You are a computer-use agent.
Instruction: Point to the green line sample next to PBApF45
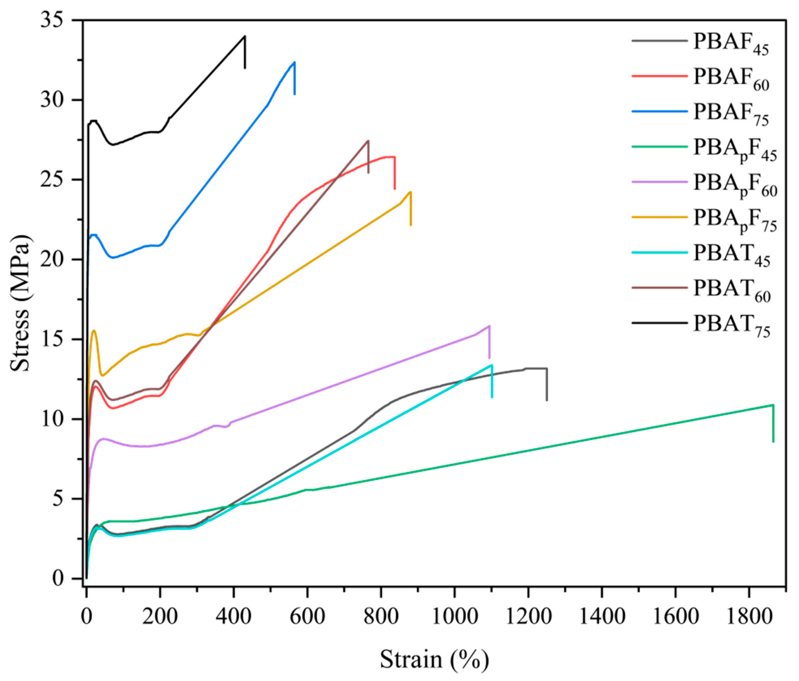(659, 146)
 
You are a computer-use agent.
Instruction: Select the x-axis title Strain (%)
(434, 659)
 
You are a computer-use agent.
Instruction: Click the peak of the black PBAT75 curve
(244, 36)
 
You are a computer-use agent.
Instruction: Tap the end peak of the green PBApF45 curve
(773, 405)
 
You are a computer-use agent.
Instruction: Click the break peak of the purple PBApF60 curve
(489, 326)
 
